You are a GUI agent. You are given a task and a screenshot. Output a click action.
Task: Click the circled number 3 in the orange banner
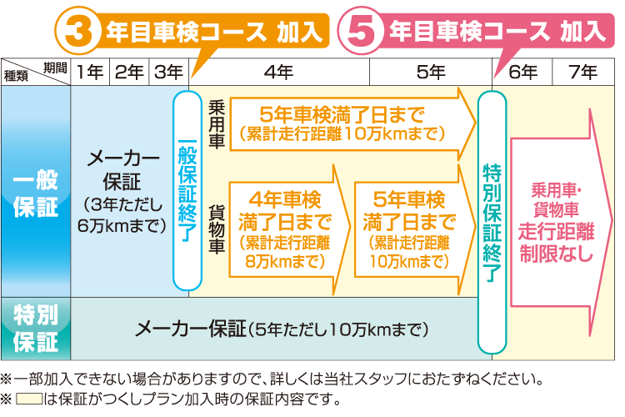pos(77,31)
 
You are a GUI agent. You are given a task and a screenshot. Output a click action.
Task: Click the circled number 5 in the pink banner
pos(361,31)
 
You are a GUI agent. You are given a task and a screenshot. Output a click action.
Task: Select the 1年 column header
pos(90,73)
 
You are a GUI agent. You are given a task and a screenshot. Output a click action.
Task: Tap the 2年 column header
pos(129,73)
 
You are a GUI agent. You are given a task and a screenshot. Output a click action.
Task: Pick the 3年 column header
pos(168,73)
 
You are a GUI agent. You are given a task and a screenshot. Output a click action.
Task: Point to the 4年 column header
pos(279,73)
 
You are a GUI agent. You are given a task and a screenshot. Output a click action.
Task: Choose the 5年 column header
pos(431,73)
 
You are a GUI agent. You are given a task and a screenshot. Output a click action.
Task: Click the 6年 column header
pos(522,73)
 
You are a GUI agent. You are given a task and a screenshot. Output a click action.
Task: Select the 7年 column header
pos(583,73)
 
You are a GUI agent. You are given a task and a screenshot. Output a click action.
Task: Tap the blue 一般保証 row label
pos(36,192)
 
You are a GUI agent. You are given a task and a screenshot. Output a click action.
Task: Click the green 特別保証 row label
pos(36,329)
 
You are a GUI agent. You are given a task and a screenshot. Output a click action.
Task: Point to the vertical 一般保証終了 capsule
pos(187,191)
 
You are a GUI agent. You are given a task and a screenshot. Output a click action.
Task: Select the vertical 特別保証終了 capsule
pos(492,223)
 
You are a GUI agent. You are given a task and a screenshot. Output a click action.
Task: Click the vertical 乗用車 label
pos(217,124)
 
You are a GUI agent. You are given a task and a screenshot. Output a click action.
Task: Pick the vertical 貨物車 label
pos(217,229)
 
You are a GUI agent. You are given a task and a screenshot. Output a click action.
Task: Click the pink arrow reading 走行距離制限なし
pos(561,223)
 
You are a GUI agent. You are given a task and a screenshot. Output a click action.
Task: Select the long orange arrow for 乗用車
pos(353,124)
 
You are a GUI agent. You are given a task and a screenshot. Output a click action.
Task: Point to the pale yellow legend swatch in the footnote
pos(29,399)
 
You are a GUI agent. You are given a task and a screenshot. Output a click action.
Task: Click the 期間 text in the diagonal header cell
pos(55,68)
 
